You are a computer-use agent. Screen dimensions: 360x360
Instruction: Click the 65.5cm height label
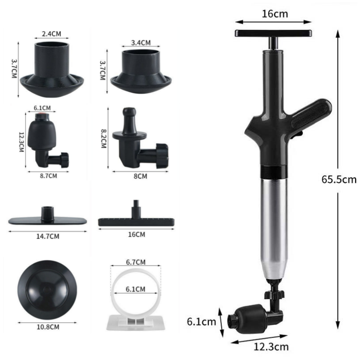[339, 180]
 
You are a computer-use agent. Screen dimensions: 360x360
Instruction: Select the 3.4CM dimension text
[140, 43]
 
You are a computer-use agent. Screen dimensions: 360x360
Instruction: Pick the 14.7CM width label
[48, 235]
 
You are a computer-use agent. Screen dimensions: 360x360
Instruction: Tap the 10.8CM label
[48, 327]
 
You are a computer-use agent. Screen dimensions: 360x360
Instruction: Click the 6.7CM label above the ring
[136, 262]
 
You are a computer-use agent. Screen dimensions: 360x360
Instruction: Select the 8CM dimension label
[141, 176]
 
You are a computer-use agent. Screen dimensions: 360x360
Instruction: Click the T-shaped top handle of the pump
[274, 33]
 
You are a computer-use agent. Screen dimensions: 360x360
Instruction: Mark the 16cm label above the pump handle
[274, 13]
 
